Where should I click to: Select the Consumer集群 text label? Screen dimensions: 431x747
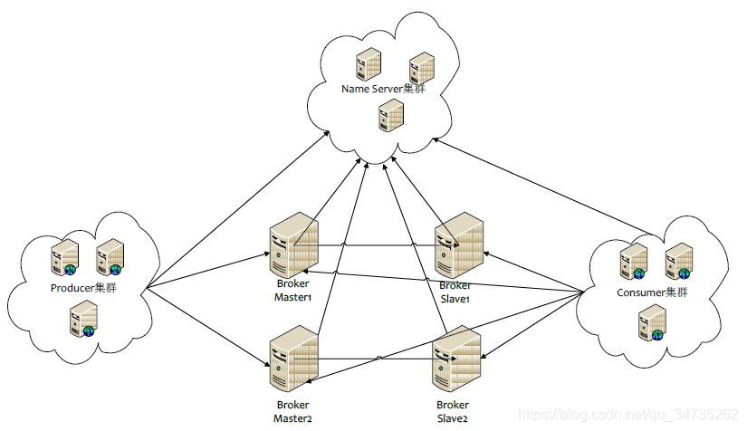click(x=650, y=292)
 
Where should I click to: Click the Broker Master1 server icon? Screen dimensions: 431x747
click(x=294, y=245)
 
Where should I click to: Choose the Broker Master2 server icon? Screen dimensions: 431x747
click(x=293, y=362)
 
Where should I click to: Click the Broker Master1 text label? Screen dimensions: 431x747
click(x=292, y=290)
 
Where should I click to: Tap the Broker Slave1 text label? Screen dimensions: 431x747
click(x=453, y=292)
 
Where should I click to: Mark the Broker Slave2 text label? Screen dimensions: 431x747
click(x=453, y=410)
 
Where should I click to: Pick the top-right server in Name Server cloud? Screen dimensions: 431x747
click(x=422, y=68)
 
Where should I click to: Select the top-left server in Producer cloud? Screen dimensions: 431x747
click(x=65, y=256)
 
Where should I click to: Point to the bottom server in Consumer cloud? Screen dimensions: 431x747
click(x=652, y=324)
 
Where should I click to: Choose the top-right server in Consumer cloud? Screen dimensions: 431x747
click(x=678, y=262)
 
